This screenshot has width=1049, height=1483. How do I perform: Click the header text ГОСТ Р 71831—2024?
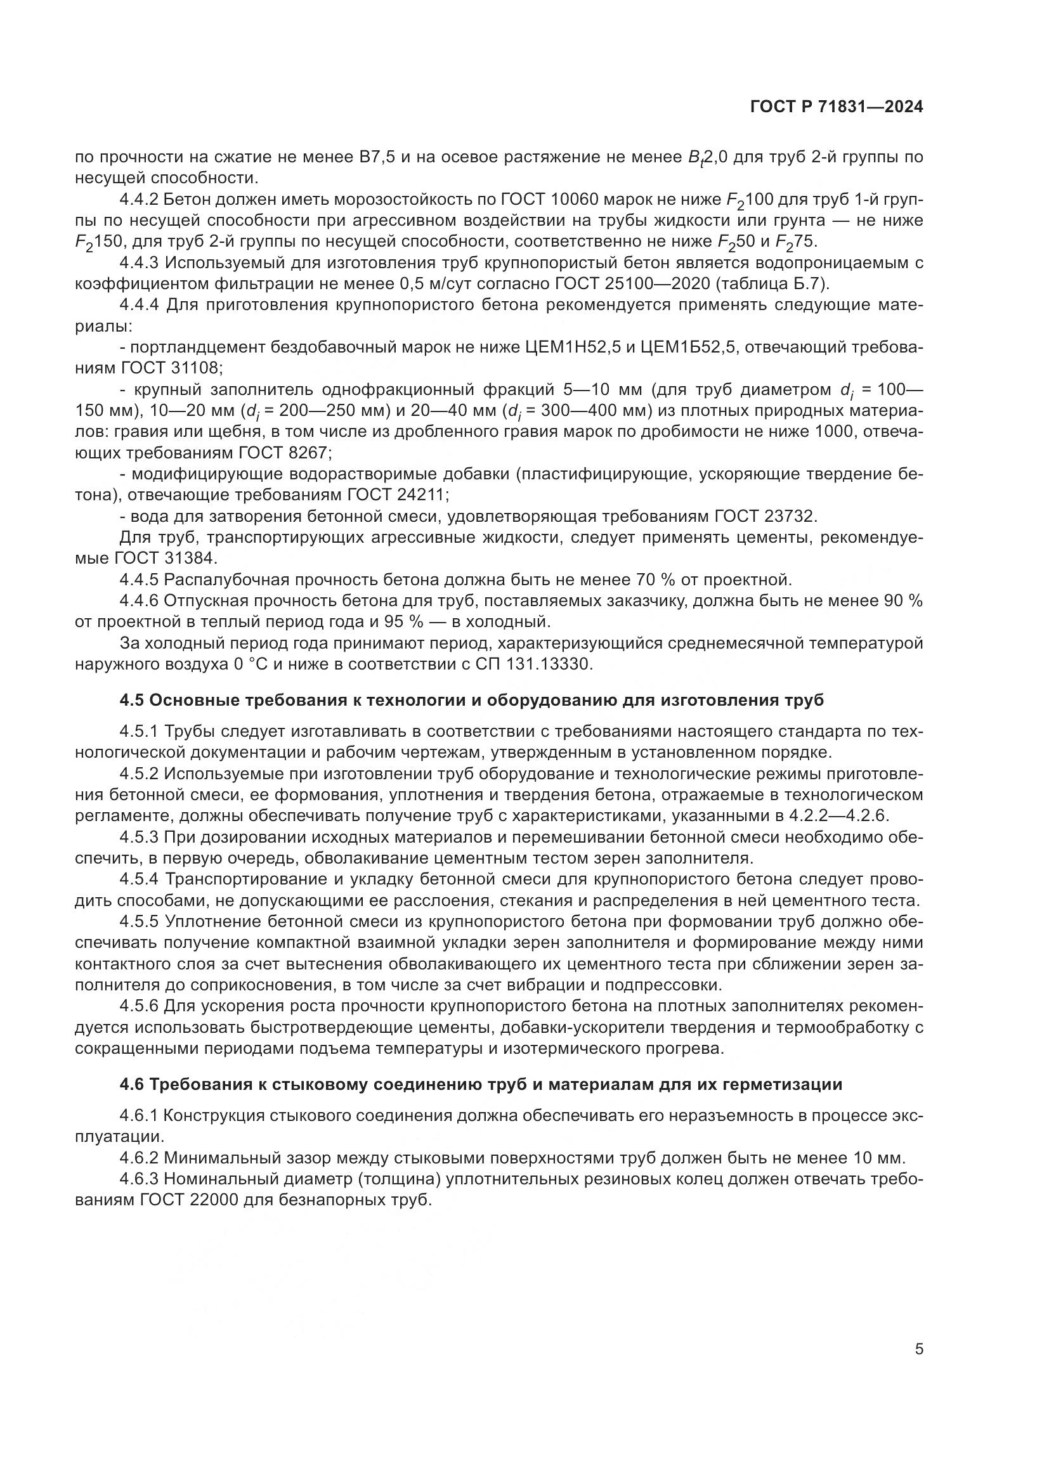click(x=837, y=107)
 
